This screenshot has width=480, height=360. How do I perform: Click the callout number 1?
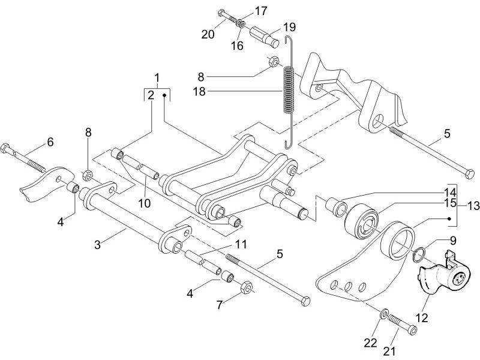point(157,78)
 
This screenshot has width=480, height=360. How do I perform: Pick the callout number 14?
point(450,193)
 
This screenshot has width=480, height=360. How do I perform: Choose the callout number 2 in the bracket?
point(151,95)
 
